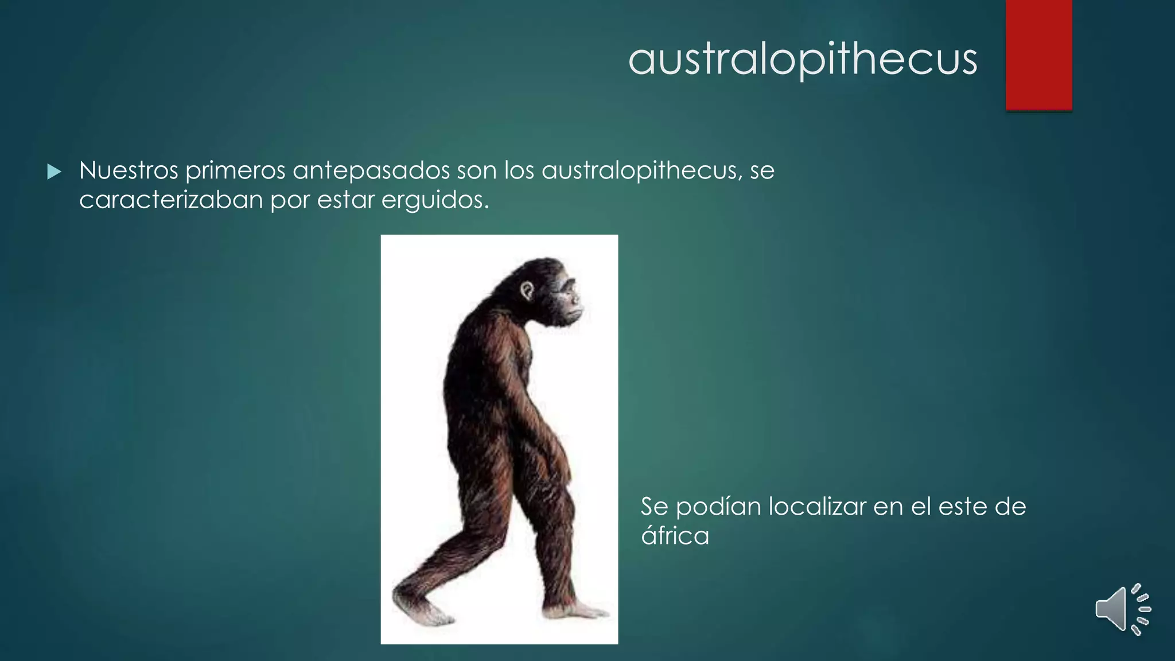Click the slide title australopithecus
tap(802, 59)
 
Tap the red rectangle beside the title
tap(1038, 55)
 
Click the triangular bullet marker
tap(54, 172)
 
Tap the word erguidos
tap(435, 200)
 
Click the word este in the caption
tap(963, 507)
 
